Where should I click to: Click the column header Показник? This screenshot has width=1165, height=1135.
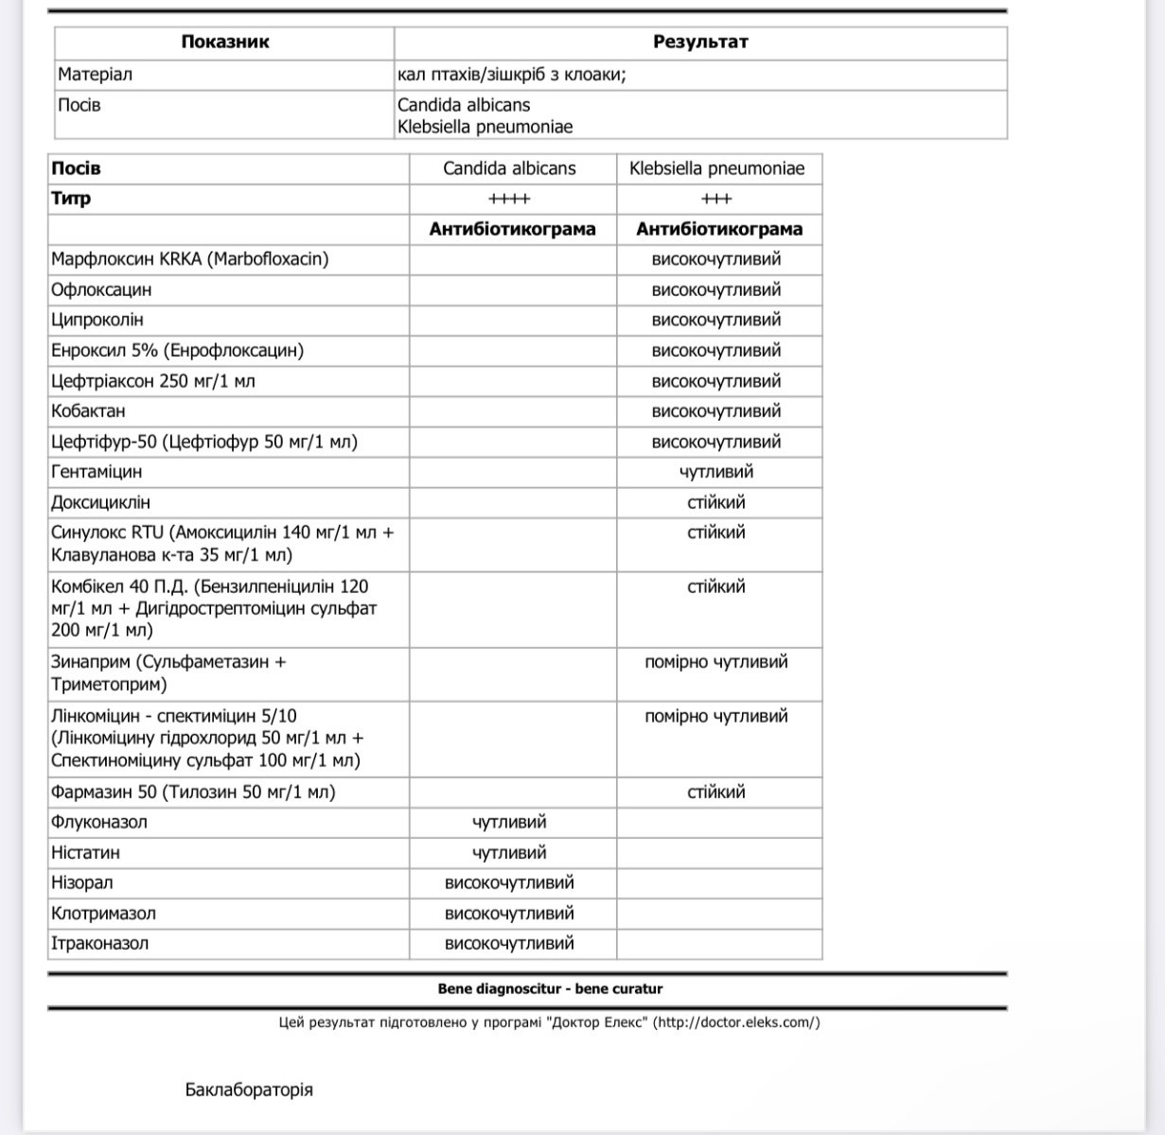(x=224, y=42)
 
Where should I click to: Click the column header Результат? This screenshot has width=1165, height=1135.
(x=700, y=42)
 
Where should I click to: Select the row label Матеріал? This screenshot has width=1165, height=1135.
(x=95, y=74)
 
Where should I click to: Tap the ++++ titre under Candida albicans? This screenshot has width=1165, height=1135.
(x=509, y=199)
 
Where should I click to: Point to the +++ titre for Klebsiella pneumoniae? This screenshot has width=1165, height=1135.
(x=716, y=199)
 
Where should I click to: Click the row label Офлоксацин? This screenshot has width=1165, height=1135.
(x=101, y=289)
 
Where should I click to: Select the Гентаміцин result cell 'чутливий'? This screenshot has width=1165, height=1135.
(x=716, y=471)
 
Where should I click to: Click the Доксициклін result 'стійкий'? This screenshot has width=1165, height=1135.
(x=716, y=502)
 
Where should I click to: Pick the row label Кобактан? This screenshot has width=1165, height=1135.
(x=88, y=410)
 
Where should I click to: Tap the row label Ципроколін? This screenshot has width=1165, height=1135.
(x=97, y=320)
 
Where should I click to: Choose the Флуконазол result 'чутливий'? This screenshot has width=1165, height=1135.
(x=509, y=822)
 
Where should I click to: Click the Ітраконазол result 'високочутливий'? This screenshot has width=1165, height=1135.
(x=509, y=943)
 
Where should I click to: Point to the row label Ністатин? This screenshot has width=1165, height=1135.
(x=85, y=852)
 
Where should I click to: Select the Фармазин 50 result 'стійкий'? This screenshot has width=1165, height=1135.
(x=716, y=792)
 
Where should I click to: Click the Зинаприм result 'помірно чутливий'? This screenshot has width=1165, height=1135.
(x=716, y=662)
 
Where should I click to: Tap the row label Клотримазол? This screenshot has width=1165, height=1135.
(x=103, y=913)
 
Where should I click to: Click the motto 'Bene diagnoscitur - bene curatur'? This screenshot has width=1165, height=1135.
(x=550, y=988)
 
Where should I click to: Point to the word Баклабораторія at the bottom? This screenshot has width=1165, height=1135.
(x=249, y=1090)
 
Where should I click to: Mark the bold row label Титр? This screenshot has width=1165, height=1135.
(x=71, y=199)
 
